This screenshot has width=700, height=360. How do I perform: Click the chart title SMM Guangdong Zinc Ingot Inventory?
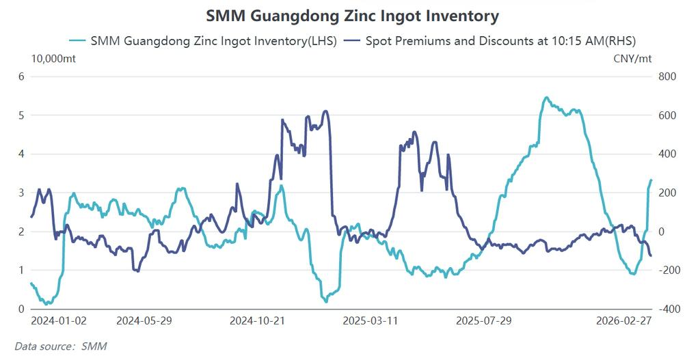(x=352, y=15)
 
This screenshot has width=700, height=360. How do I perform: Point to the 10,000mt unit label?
(x=54, y=58)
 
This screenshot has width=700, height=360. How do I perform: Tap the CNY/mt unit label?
(x=633, y=58)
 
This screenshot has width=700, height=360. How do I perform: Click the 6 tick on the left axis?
(x=21, y=77)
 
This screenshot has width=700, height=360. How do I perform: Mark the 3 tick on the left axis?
(x=21, y=193)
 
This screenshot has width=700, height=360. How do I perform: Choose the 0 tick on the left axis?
(x=21, y=309)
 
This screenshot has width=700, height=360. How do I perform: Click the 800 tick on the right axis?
(x=666, y=77)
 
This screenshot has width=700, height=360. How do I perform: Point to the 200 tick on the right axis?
(x=666, y=193)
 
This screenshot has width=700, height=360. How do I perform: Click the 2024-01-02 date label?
(x=59, y=320)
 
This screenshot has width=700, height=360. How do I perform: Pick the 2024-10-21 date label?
(x=258, y=320)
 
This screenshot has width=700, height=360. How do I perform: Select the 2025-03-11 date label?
(x=370, y=320)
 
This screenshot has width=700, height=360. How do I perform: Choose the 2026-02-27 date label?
(x=623, y=320)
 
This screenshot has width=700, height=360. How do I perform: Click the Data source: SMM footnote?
(x=61, y=346)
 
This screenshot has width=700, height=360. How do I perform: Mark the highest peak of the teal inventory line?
(x=546, y=98)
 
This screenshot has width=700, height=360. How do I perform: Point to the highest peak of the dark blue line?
(x=326, y=111)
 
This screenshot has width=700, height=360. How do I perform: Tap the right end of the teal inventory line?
(x=651, y=180)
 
